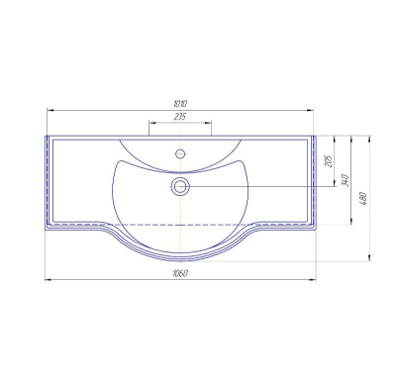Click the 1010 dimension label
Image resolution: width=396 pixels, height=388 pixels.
point(180,104)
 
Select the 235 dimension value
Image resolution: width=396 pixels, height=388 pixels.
point(180,117)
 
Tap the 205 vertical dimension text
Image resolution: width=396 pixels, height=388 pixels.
point(329,160)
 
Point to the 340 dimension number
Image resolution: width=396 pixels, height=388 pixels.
point(346,180)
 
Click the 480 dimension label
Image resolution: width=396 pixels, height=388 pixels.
point(363,198)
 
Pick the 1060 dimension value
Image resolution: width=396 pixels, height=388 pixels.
point(180,273)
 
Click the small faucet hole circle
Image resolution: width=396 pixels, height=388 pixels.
point(180,153)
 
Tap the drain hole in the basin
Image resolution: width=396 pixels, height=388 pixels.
point(180,187)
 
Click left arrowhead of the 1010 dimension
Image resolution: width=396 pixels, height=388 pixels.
point(50,111)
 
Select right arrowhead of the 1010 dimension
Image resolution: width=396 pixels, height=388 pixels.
point(310,111)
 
